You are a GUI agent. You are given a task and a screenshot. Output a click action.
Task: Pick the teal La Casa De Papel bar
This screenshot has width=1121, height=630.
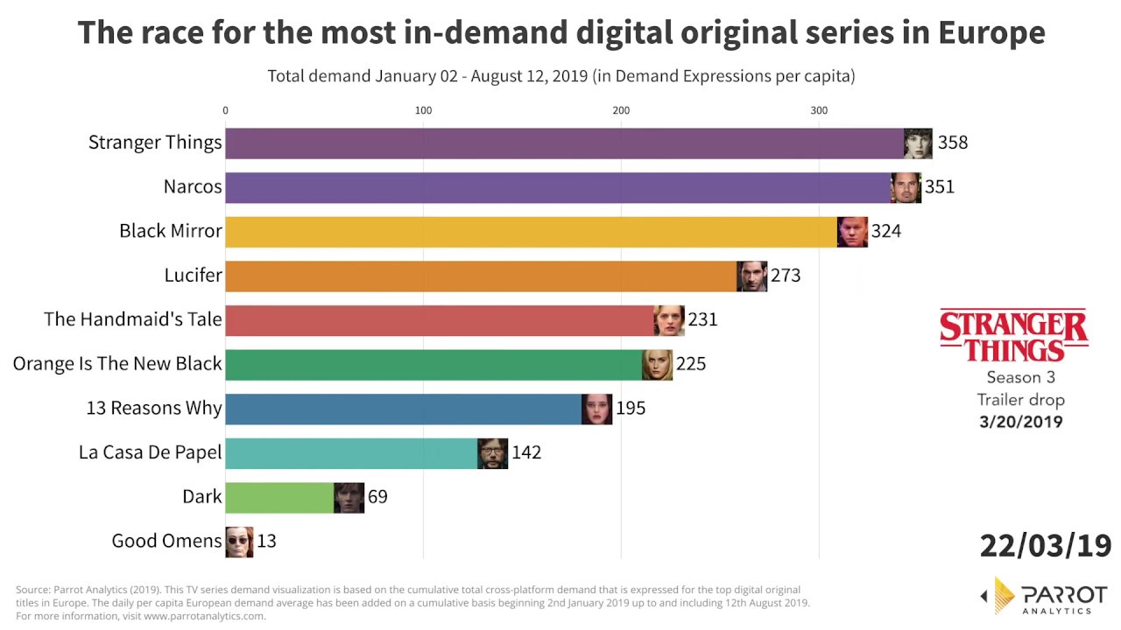(351, 453)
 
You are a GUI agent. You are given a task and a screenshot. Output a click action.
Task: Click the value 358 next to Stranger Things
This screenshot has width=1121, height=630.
(952, 143)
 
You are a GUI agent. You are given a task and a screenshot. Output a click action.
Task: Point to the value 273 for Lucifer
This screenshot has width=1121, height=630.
(786, 276)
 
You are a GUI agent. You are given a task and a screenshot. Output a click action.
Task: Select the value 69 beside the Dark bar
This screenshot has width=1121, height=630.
(377, 497)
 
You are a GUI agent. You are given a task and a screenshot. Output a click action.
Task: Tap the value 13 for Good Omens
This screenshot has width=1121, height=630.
(266, 542)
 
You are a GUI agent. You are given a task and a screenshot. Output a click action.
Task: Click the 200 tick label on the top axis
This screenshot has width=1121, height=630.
(621, 110)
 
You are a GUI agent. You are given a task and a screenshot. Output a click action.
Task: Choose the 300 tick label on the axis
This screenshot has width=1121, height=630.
(819, 110)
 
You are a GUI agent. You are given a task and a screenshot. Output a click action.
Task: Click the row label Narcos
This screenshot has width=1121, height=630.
(193, 186)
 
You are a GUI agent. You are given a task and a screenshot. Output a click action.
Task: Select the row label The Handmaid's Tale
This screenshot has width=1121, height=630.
(133, 319)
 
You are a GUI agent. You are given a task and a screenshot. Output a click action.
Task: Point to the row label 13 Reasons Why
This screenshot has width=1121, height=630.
(154, 409)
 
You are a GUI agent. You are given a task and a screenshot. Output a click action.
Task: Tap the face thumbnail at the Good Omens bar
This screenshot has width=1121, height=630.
(239, 542)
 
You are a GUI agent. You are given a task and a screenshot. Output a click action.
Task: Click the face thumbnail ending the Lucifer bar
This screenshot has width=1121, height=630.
(751, 276)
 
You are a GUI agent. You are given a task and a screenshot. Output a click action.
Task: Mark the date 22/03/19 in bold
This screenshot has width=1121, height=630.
(1045, 545)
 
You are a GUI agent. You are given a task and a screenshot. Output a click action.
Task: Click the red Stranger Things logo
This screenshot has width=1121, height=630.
(1014, 335)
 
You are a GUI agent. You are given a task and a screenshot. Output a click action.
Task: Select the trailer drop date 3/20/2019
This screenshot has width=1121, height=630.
(1020, 422)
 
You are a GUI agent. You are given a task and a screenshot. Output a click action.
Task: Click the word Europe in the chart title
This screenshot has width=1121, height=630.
(991, 33)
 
